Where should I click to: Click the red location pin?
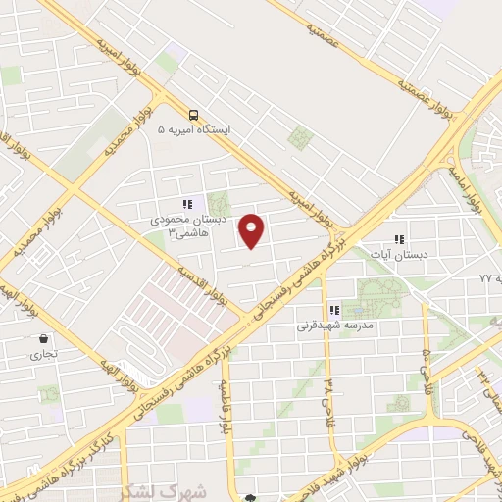pyautogui.click(x=252, y=230)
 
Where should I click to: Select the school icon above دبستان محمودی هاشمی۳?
pyautogui.click(x=187, y=203)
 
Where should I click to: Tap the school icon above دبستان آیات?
pyautogui.click(x=399, y=239)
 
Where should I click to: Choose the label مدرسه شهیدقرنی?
pyautogui.click(x=332, y=324)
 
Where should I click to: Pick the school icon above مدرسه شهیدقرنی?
pyautogui.click(x=334, y=310)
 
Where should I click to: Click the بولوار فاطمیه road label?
pyautogui.click(x=226, y=408)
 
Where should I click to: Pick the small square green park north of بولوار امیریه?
pyautogui.click(x=298, y=136)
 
